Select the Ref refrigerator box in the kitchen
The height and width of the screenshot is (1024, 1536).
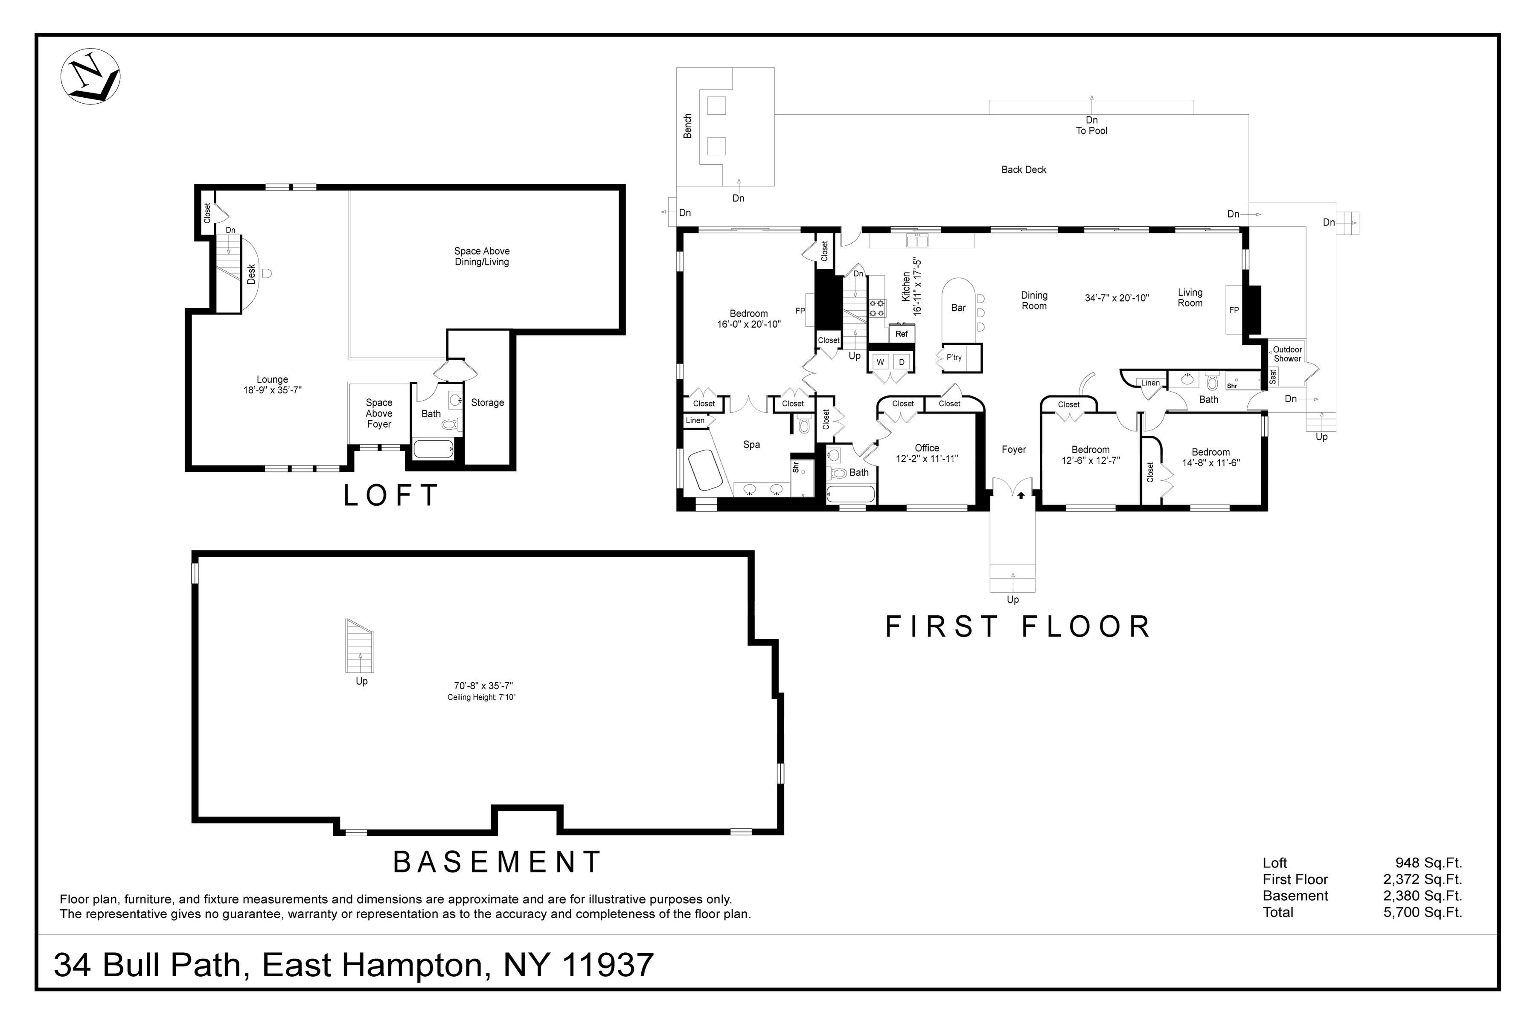[901, 334]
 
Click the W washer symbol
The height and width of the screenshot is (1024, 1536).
[880, 362]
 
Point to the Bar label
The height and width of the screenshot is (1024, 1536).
[958, 308]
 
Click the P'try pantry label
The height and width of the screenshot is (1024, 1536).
[954, 357]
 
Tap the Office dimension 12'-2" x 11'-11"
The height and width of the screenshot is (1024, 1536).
[927, 458]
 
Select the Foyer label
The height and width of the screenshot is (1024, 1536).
[1014, 449]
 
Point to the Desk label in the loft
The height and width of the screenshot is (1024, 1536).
[251, 273]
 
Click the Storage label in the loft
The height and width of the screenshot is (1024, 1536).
[487, 402]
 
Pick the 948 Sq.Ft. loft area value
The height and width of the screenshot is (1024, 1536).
[1428, 863]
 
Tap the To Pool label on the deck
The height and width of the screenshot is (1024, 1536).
[1091, 131]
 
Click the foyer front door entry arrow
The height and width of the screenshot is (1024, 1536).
[1021, 495]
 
